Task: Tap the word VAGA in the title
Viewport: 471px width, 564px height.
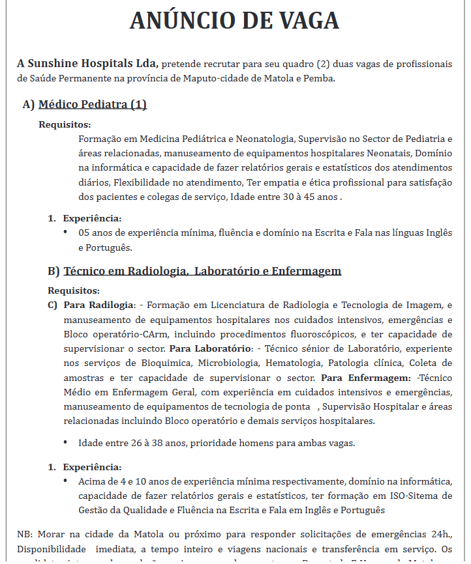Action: (x=304, y=21)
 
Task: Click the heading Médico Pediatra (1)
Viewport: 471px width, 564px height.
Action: (x=93, y=104)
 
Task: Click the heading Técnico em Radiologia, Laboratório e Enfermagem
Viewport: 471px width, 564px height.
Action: (x=202, y=270)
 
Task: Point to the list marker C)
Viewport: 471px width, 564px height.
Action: (x=53, y=305)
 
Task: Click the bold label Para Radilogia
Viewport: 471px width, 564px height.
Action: (x=98, y=305)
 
